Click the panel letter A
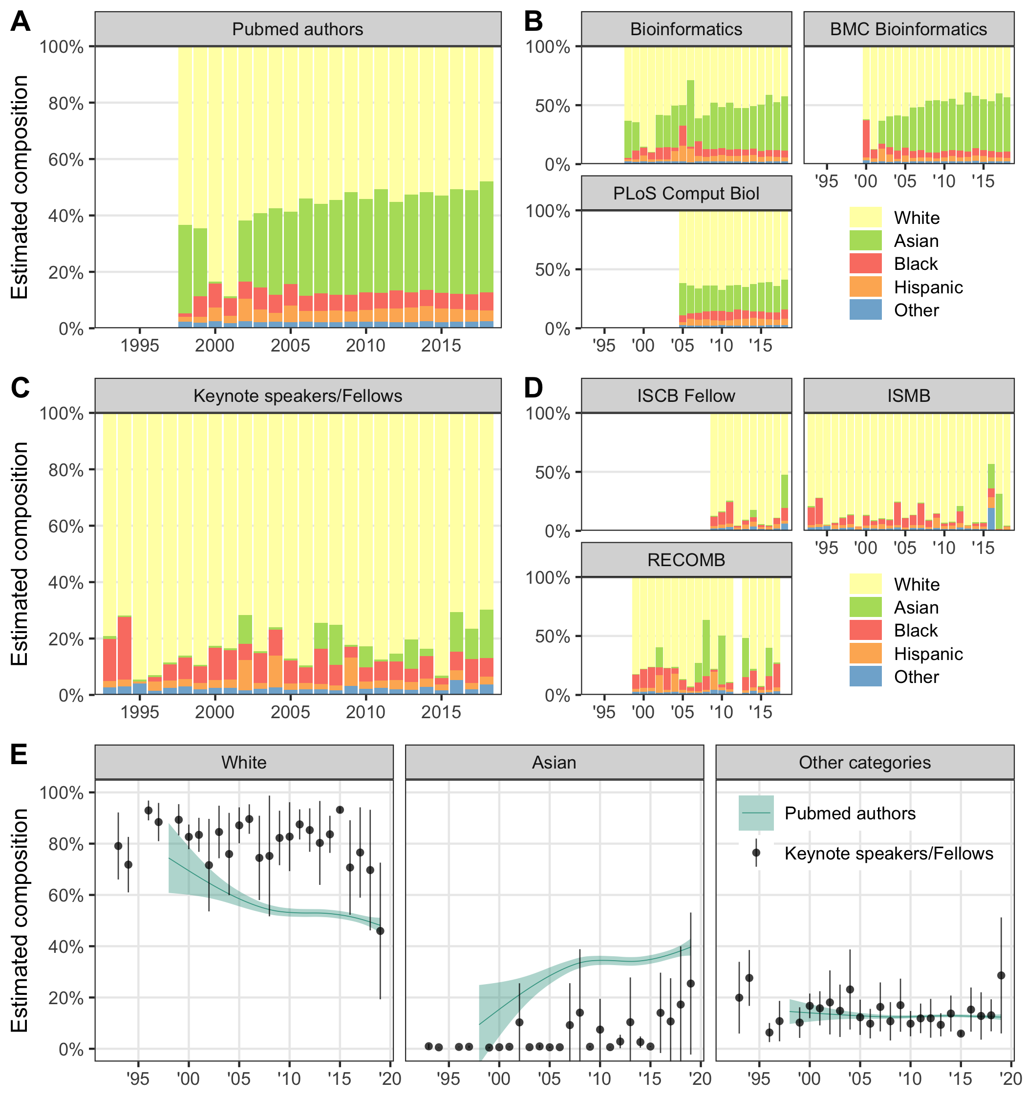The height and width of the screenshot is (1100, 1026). [x=21, y=22]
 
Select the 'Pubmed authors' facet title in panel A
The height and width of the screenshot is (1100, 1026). [x=298, y=29]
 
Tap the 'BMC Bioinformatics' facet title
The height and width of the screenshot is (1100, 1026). [x=908, y=29]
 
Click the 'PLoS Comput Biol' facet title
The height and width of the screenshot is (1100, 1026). [x=686, y=194]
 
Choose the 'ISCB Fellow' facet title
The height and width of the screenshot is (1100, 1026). [x=686, y=396]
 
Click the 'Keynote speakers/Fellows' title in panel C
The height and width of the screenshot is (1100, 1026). [x=298, y=396]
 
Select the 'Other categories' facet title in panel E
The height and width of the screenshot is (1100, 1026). [x=864, y=763]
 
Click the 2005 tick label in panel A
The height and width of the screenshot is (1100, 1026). [x=290, y=346]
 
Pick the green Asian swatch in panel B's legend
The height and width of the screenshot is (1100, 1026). [x=865, y=241]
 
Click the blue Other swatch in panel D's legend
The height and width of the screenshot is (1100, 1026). [x=865, y=677]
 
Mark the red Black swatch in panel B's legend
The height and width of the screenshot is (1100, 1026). [x=865, y=264]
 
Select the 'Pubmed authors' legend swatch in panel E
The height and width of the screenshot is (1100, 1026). [x=755, y=813]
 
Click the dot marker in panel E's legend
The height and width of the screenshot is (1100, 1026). [x=755, y=853]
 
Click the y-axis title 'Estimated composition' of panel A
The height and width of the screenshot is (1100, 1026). [x=21, y=188]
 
